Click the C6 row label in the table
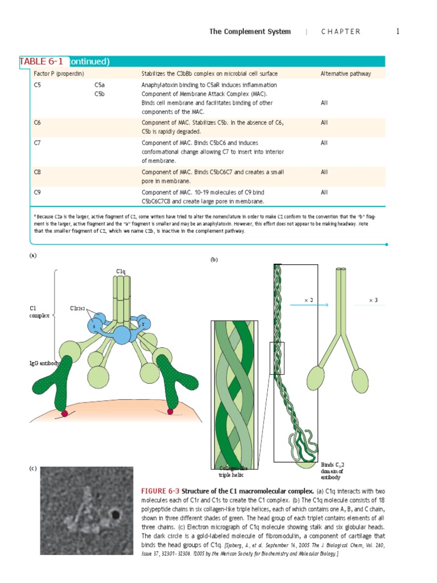pos(38,122)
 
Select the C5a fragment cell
pos(100,85)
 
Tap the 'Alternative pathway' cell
pos(345,73)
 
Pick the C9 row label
pos(38,192)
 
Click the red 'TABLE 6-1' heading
pos(42,61)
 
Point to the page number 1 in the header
pos(398,31)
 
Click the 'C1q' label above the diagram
pos(121,272)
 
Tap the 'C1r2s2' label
pos(77,309)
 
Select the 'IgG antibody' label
pos(45,363)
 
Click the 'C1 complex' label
pos(39,312)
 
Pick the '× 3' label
pos(373,299)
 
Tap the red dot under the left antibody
pos(64,414)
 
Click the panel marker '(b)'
pos(214,260)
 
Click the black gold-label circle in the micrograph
pos(116,515)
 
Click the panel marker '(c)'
pos(34,469)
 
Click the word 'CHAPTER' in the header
pos(341,32)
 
